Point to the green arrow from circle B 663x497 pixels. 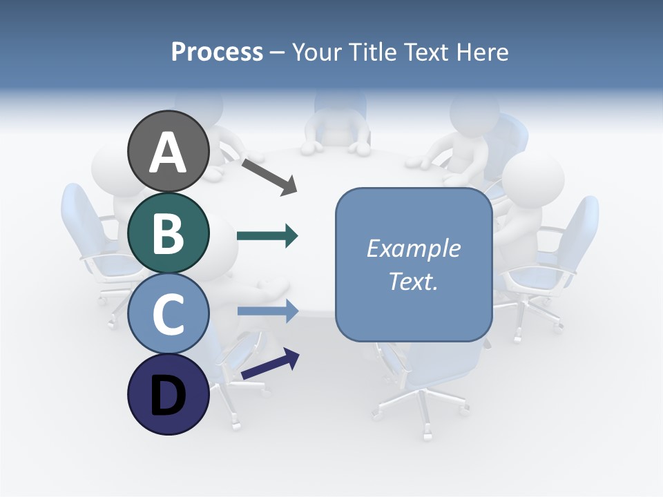click(267, 236)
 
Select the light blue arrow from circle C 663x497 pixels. click(267, 311)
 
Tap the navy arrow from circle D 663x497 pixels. click(270, 363)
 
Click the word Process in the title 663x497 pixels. click(217, 52)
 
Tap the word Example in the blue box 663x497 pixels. click(413, 248)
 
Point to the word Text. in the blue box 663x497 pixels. click(413, 282)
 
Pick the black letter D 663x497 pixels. click(169, 396)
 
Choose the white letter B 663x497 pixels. click(169, 233)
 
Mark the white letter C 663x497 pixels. click(169, 314)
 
